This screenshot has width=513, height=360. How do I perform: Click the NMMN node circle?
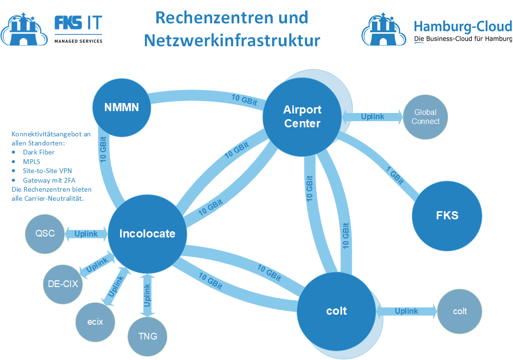[x=122, y=107]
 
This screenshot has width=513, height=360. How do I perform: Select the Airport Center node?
[x=302, y=116]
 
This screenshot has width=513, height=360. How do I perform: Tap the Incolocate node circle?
[x=147, y=234]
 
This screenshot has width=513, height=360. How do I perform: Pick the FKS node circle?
[x=447, y=216]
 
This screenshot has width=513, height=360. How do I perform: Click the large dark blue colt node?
[x=336, y=311]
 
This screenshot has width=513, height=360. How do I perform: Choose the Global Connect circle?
[x=425, y=117]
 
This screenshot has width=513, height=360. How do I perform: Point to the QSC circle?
[x=45, y=234]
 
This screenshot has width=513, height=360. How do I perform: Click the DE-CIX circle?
[x=62, y=284]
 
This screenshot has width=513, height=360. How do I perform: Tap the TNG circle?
[x=148, y=336]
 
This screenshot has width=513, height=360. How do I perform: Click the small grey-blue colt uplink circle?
[x=460, y=311]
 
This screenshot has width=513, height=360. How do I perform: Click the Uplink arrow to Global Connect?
[x=372, y=117]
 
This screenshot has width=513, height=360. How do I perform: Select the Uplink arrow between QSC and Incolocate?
[x=86, y=234]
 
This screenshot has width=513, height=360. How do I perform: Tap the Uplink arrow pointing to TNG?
[x=147, y=296]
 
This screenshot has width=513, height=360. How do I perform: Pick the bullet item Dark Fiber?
[x=39, y=152]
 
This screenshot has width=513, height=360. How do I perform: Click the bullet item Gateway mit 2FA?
[x=49, y=180]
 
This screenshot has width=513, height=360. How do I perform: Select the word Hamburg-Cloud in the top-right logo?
[x=462, y=26]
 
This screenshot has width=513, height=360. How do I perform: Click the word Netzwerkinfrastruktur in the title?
[x=232, y=40]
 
